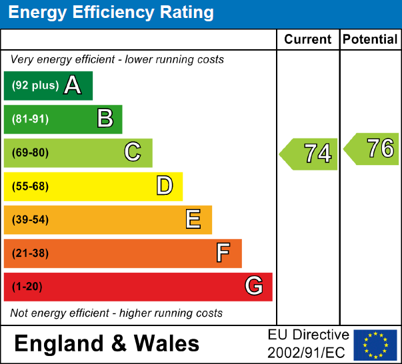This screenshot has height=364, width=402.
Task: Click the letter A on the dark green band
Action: pos(73,86)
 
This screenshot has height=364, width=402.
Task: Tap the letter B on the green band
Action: pos(105,119)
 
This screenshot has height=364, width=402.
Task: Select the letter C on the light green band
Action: pos(133,153)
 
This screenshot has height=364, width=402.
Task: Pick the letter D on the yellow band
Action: pos(165,186)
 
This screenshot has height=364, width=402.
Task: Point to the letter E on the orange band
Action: pos(193,220)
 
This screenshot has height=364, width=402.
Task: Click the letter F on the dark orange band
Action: pos(223,254)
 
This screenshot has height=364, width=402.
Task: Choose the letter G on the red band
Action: pos(253,287)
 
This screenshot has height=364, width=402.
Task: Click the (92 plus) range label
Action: pos(35,86)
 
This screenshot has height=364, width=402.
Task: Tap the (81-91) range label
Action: pos(30,120)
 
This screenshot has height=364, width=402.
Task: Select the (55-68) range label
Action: pos(30,186)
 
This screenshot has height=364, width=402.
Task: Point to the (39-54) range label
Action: pos(30,220)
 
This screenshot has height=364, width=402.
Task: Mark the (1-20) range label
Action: pos(27,287)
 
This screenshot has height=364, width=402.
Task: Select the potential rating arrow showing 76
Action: pos(373,148)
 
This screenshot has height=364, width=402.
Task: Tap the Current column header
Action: pos(308,39)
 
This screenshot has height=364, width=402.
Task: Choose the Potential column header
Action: pos(370,39)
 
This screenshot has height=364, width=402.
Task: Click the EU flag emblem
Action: pos(375,344)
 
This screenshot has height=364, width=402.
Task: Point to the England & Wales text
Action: pos(107,343)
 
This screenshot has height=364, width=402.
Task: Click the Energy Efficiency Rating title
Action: pos(111,13)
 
